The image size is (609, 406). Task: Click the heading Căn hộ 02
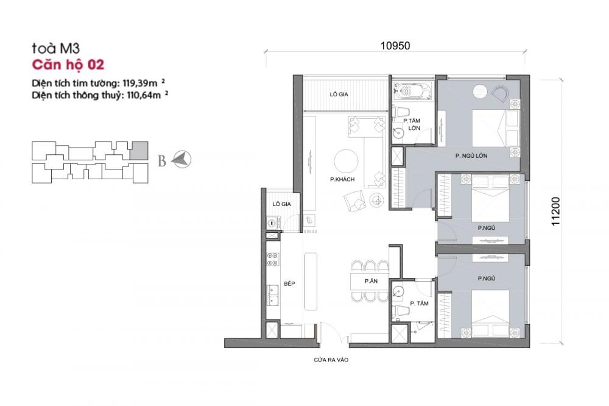[68, 65]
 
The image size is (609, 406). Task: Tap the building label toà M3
[55, 48]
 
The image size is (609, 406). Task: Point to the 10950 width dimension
[395, 46]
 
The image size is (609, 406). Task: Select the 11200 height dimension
[556, 211]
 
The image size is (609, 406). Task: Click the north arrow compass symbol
[181, 160]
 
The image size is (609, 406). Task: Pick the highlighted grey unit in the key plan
[139, 151]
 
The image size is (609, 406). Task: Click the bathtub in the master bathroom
[412, 91]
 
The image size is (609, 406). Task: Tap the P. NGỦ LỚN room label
[471, 155]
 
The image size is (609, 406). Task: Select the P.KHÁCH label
[342, 179]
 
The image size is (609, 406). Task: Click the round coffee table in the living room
[346, 162]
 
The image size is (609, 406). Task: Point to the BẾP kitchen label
[289, 284]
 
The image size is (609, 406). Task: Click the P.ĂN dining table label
[371, 281]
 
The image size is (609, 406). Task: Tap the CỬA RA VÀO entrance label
[331, 360]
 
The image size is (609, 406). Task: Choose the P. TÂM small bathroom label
[419, 304]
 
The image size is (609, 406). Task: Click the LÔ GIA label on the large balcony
[339, 94]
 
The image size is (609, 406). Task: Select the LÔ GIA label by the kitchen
[281, 204]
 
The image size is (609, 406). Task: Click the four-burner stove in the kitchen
[273, 259]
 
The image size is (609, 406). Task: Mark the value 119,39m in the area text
[140, 83]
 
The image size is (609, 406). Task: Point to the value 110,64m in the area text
[144, 95]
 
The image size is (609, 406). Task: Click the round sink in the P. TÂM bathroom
[398, 291]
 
